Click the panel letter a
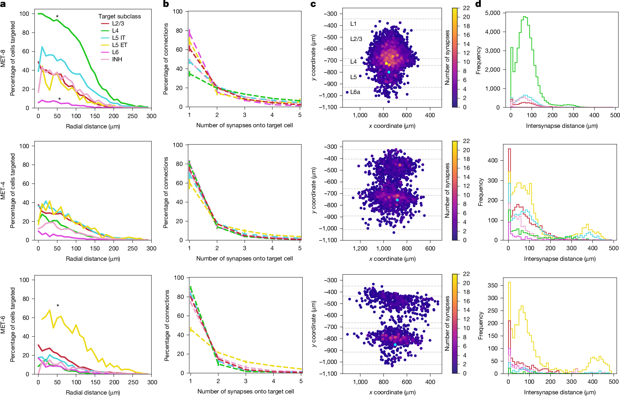tap(3, 4)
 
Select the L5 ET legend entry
tap(119, 45)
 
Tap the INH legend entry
tap(117, 59)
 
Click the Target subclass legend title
tap(119, 16)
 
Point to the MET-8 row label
tap(3, 58)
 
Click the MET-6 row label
tap(3, 325)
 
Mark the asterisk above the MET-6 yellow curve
tap(58, 306)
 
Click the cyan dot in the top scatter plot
tap(389, 72)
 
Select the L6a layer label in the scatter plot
tap(355, 92)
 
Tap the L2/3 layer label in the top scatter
tap(356, 39)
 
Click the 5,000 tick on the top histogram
tap(493, 13)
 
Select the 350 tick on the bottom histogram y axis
tap(492, 285)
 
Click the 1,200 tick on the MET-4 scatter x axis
tap(360, 248)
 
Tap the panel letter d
tap(478, 4)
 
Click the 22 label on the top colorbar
tap(466, 8)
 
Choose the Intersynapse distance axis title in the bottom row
tap(560, 392)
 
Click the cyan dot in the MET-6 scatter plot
tap(395, 345)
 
